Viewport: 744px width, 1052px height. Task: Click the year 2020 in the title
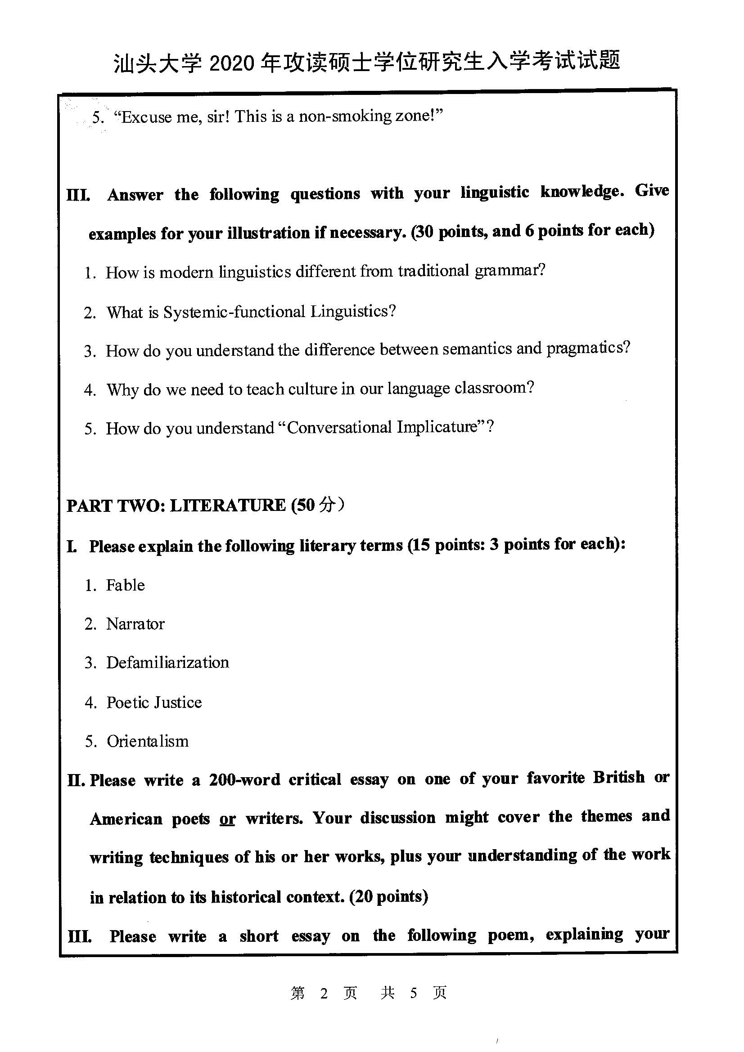(231, 63)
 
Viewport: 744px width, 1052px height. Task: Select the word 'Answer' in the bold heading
(135, 195)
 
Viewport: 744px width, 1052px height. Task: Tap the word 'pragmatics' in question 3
(588, 348)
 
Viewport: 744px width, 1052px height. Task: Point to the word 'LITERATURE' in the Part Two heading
(227, 506)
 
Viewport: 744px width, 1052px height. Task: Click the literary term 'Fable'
(125, 585)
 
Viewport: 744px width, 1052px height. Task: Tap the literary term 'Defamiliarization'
(167, 663)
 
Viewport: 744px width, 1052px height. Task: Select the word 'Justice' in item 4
(178, 703)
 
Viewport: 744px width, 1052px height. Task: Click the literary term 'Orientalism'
(147, 741)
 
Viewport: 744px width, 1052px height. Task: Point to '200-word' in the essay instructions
(244, 780)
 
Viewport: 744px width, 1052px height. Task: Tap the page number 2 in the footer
(324, 994)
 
